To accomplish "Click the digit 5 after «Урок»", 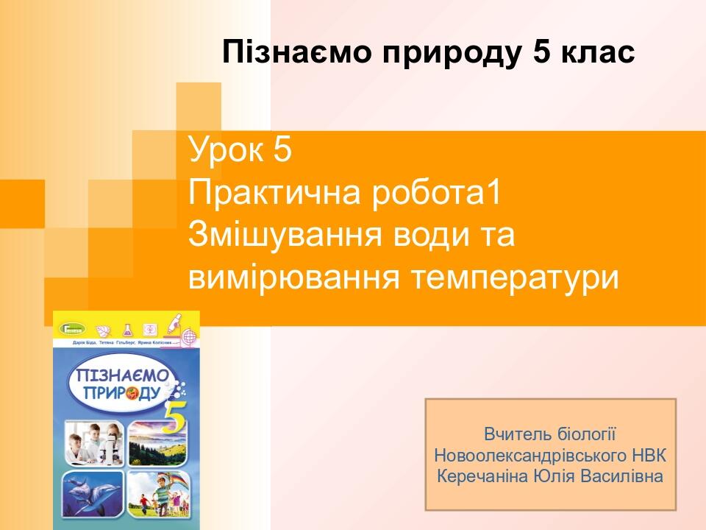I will (282, 150).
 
